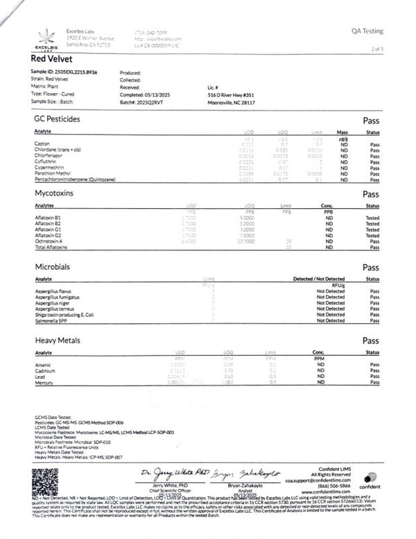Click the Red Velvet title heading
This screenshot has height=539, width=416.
[x=53, y=59]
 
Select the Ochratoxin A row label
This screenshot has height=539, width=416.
[x=48, y=242]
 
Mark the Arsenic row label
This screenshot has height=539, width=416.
[x=43, y=364]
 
